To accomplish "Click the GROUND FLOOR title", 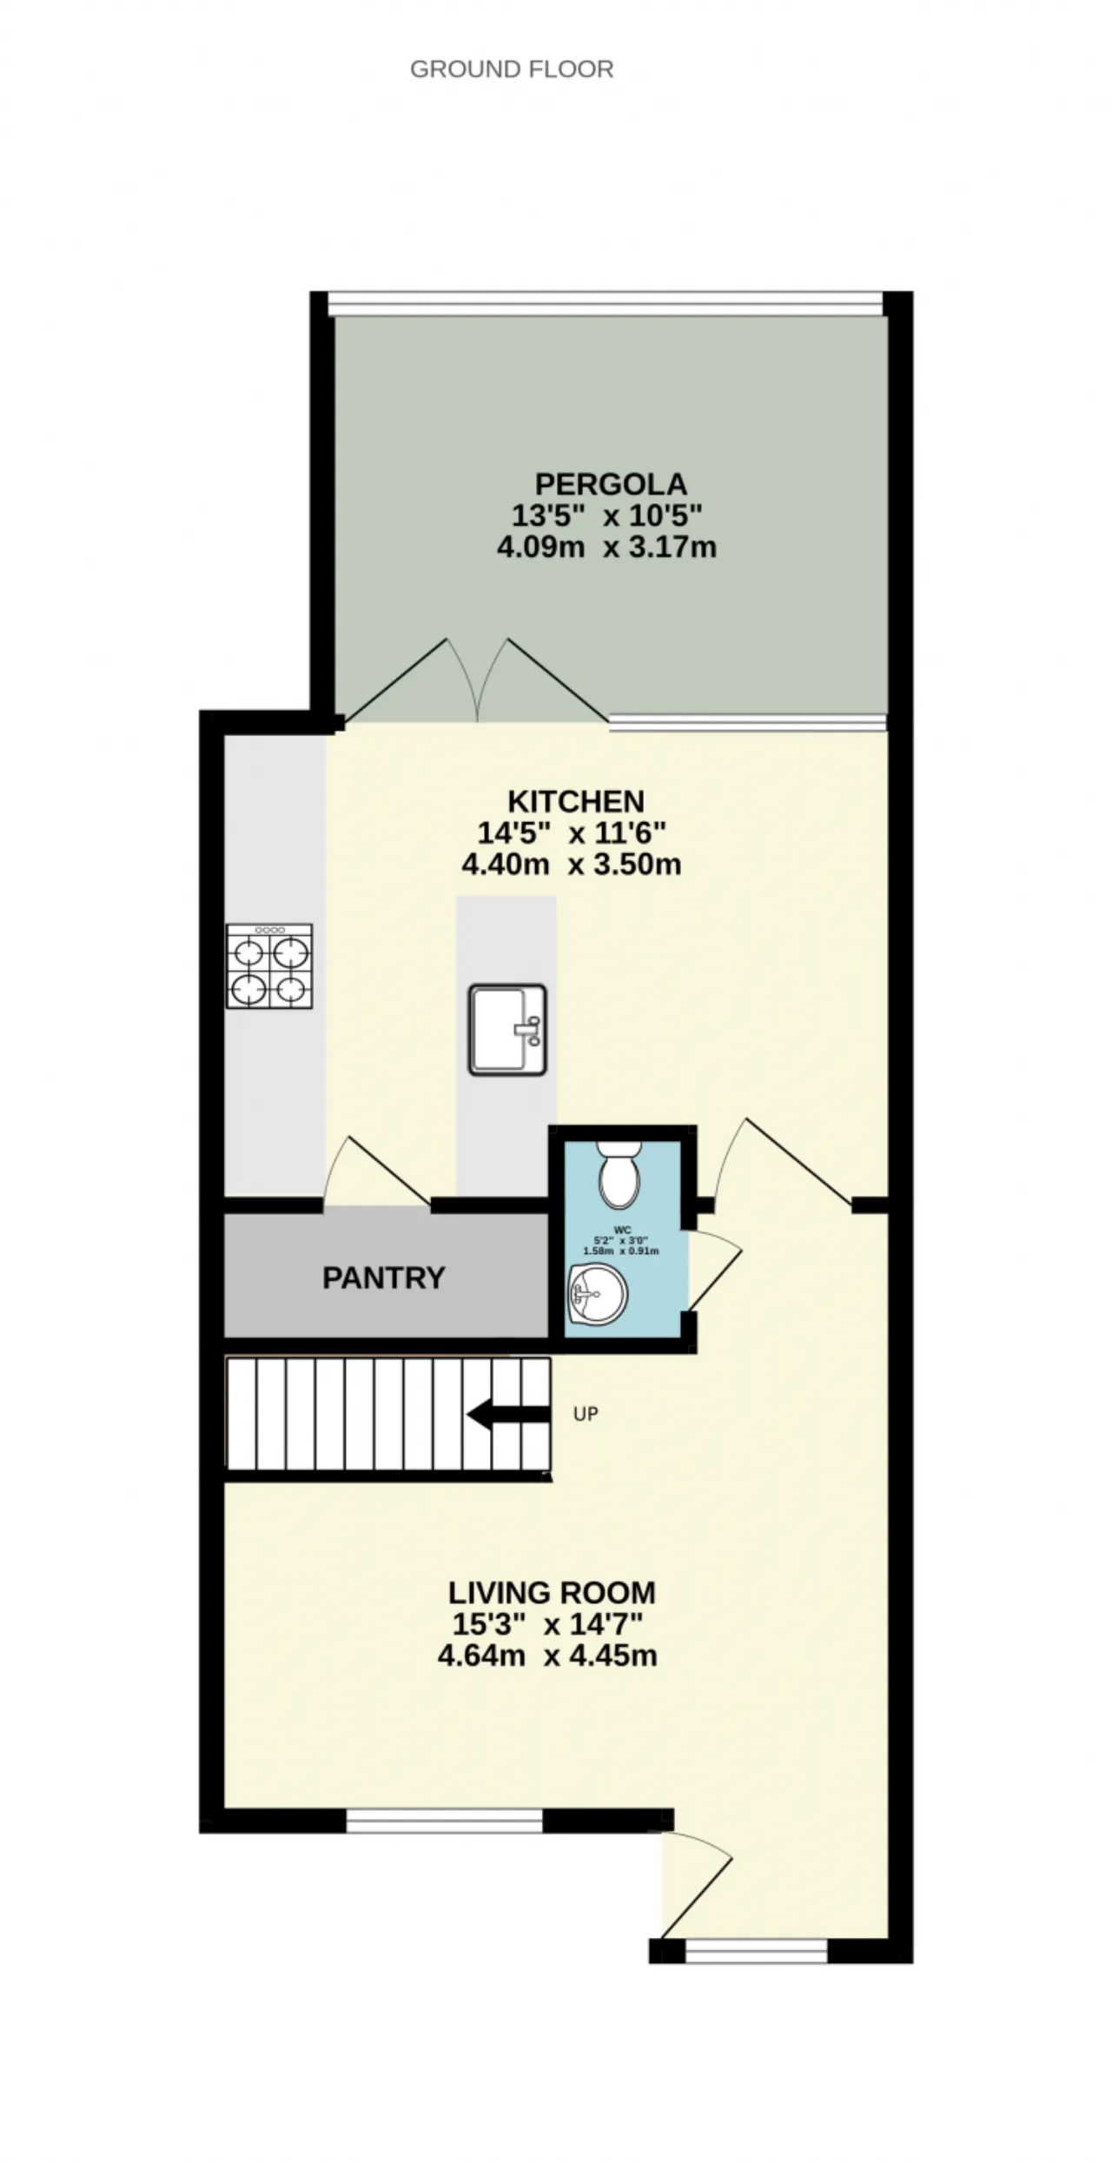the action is (512, 70).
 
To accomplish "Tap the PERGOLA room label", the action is (611, 483).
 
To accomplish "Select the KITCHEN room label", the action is (576, 800).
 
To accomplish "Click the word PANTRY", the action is (384, 1277).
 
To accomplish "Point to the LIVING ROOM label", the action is (552, 1593).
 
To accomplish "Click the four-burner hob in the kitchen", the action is (269, 966).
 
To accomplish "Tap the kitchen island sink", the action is (507, 1030).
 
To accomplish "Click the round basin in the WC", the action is (597, 1295).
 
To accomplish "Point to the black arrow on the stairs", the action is (508, 1415).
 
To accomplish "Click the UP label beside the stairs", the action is (586, 1415).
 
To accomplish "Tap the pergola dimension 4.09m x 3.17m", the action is (606, 548).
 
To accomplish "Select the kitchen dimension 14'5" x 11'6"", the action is (572, 833).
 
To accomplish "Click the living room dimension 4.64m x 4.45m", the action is (547, 1656).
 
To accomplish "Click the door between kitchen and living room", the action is (782, 1163).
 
